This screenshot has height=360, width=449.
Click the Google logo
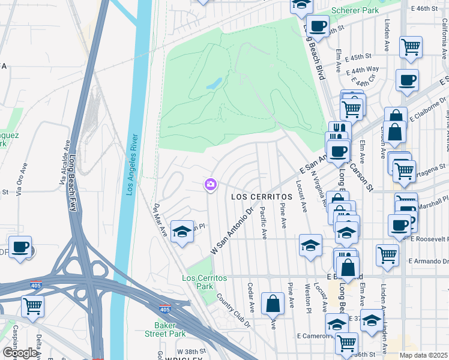pyautogui.click(x=20, y=353)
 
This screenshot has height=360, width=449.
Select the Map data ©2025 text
pyautogui.click(x=424, y=355)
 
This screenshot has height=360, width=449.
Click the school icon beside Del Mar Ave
pyautogui.click(x=181, y=231)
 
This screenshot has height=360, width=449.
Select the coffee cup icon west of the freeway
pyautogui.click(x=20, y=247)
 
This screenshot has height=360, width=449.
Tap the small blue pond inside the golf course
pyautogui.click(x=214, y=84)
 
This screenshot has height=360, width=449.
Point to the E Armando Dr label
pyautogui.click(x=428, y=261)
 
